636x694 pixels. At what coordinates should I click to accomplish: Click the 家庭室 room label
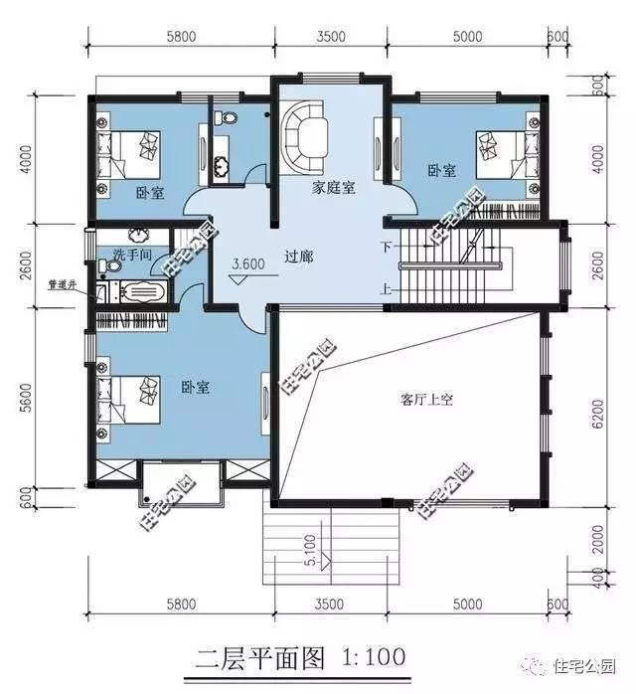pyautogui.click(x=334, y=186)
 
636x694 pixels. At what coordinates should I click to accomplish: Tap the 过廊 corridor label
pyautogui.click(x=298, y=257)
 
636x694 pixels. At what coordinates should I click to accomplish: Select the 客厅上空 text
pyautogui.click(x=426, y=400)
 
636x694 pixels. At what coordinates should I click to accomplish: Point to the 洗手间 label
pyautogui.click(x=131, y=254)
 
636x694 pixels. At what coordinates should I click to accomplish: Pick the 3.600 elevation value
pyautogui.click(x=247, y=264)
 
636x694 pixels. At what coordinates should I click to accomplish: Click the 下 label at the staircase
pyautogui.click(x=386, y=244)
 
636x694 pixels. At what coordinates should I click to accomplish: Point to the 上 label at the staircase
pyautogui.click(x=386, y=290)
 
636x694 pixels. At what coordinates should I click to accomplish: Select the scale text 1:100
pyautogui.click(x=374, y=658)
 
